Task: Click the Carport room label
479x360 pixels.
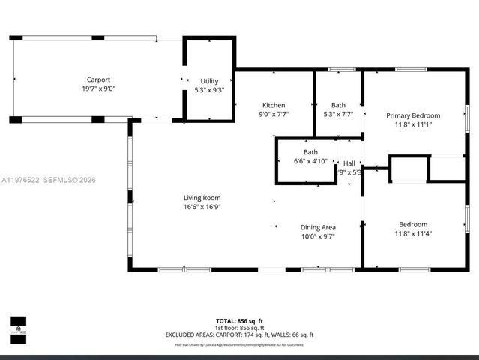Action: pyautogui.click(x=98, y=79)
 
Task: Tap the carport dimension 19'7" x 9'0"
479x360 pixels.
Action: pyautogui.click(x=98, y=88)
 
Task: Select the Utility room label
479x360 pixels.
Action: pyautogui.click(x=209, y=81)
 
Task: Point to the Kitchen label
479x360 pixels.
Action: pyautogui.click(x=274, y=105)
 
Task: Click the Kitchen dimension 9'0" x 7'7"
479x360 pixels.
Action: pyautogui.click(x=274, y=114)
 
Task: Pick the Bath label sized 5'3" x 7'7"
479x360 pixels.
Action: pyautogui.click(x=338, y=105)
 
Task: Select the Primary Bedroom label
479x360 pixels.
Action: pyautogui.click(x=413, y=115)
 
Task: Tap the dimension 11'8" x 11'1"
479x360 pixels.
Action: pyautogui.click(x=413, y=124)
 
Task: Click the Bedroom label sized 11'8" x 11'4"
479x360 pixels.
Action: pyautogui.click(x=413, y=224)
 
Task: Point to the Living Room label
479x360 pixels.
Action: pyautogui.click(x=202, y=198)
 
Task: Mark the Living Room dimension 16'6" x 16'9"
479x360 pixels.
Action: pyautogui.click(x=202, y=207)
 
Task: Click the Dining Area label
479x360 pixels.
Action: pyautogui.click(x=318, y=227)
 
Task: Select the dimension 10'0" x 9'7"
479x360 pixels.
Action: pyautogui.click(x=318, y=236)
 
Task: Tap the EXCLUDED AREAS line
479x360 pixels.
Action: pyautogui.click(x=239, y=334)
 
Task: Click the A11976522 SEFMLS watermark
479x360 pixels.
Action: pyautogui.click(x=49, y=180)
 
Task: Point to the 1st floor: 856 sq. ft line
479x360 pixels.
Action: pyautogui.click(x=239, y=328)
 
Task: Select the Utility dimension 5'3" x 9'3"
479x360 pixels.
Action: pyautogui.click(x=209, y=90)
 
